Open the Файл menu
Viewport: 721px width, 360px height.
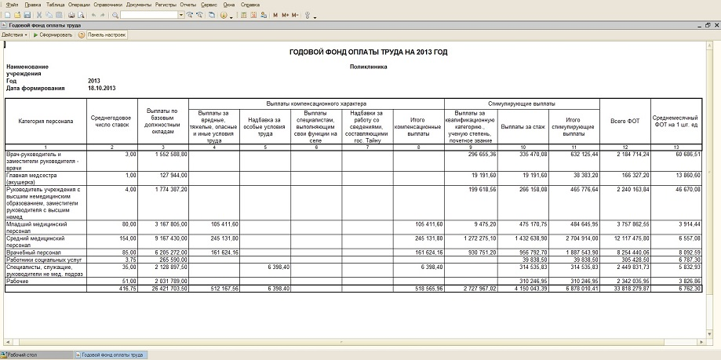point(12,5)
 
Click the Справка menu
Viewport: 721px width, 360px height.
point(250,5)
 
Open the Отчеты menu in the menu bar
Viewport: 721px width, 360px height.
point(188,5)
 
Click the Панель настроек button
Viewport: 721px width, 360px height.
point(107,35)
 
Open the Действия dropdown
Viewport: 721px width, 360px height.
point(14,35)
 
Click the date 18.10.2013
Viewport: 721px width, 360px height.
point(102,88)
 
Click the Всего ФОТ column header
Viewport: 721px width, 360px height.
point(625,122)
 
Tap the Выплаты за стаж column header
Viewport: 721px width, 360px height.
point(523,125)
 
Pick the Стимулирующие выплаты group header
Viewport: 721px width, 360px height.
point(522,104)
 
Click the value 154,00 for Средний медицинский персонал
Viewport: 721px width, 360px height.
point(126,237)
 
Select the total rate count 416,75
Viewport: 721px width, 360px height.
point(125,288)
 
